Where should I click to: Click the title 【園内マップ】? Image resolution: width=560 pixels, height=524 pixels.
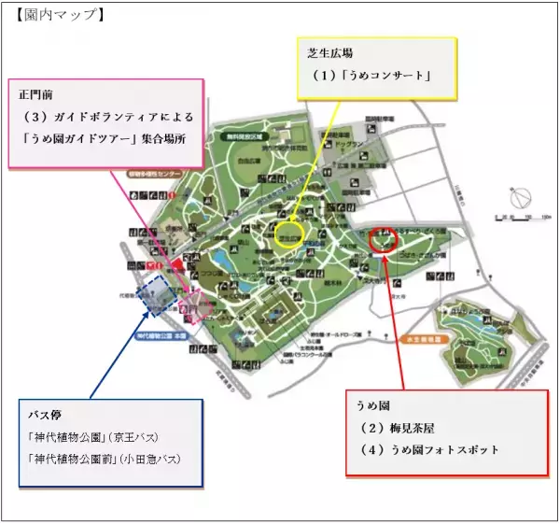click(x=55, y=14)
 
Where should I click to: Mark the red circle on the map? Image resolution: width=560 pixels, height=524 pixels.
click(x=382, y=239)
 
